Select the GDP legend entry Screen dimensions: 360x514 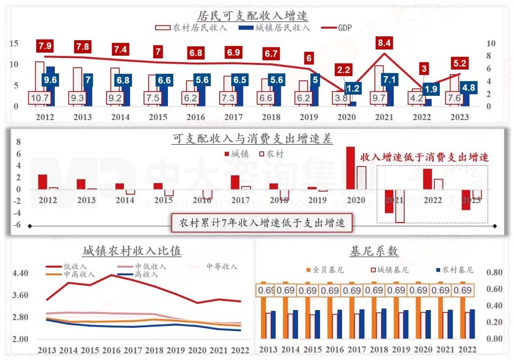click(x=338, y=28)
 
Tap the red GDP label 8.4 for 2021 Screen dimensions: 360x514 click(x=383, y=43)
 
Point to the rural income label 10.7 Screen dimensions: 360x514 click(x=40, y=98)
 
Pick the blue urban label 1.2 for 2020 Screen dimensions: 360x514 click(x=353, y=87)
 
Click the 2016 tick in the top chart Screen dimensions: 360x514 click(x=195, y=117)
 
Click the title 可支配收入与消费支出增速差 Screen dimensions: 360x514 click(x=252, y=139)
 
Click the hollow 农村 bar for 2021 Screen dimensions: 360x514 click(x=400, y=206)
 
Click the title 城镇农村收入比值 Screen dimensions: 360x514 click(x=131, y=251)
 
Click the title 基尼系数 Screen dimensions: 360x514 click(x=374, y=251)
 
